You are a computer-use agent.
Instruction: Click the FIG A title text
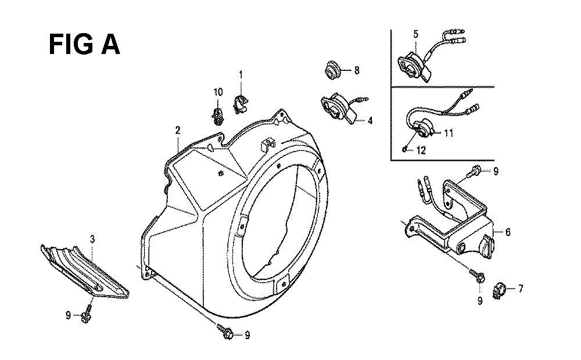point(84,45)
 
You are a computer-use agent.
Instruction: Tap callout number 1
point(241,75)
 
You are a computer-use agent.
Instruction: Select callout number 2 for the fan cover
point(178,130)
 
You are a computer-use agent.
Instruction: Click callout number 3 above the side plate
point(92,239)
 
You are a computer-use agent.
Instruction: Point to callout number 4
point(370,120)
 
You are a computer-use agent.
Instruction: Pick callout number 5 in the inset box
point(416,34)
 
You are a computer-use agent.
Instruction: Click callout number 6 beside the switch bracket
point(508,232)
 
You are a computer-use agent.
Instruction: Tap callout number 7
point(521,288)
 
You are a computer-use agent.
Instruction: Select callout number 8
point(357,70)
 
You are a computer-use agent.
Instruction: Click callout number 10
point(218,92)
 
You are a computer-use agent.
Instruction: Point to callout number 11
point(449,132)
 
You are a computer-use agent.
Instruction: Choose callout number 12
point(421,150)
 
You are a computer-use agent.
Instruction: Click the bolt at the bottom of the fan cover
point(225,331)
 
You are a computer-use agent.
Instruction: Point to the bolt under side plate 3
point(87,314)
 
